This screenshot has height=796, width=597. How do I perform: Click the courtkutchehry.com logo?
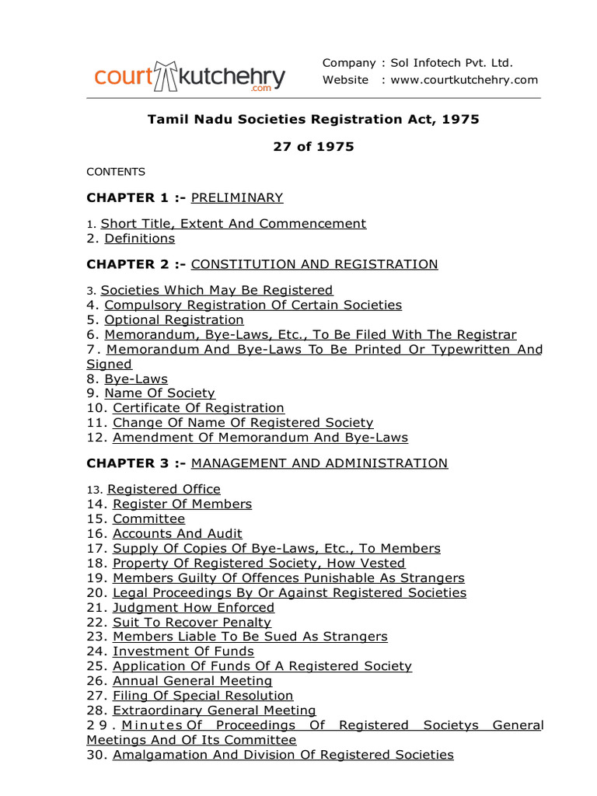coord(190,76)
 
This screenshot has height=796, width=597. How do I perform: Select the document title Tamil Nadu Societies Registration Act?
coord(313,120)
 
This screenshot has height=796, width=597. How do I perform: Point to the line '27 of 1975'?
coord(313,146)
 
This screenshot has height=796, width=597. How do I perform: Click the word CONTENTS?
coord(115,172)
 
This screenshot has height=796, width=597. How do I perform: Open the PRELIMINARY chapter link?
coord(237,197)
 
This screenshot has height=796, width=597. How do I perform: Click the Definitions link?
coord(140,238)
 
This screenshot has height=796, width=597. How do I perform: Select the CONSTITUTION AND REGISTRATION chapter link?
coord(314,264)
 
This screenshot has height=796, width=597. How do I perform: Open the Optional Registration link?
coord(174,319)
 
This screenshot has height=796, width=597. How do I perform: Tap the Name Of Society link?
coord(159,393)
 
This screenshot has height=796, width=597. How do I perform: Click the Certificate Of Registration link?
coord(198,408)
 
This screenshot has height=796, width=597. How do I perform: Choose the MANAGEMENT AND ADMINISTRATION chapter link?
coord(319,463)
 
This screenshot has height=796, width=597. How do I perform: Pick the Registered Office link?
coord(164,490)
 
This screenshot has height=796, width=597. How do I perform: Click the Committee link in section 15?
coord(148,518)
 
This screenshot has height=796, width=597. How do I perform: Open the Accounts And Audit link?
coord(177,533)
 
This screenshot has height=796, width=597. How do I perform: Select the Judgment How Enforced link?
coord(194,607)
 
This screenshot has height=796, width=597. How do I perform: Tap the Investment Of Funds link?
coord(183,651)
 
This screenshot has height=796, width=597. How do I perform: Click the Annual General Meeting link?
coord(193,681)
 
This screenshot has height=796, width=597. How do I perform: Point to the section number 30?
coord(97,755)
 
